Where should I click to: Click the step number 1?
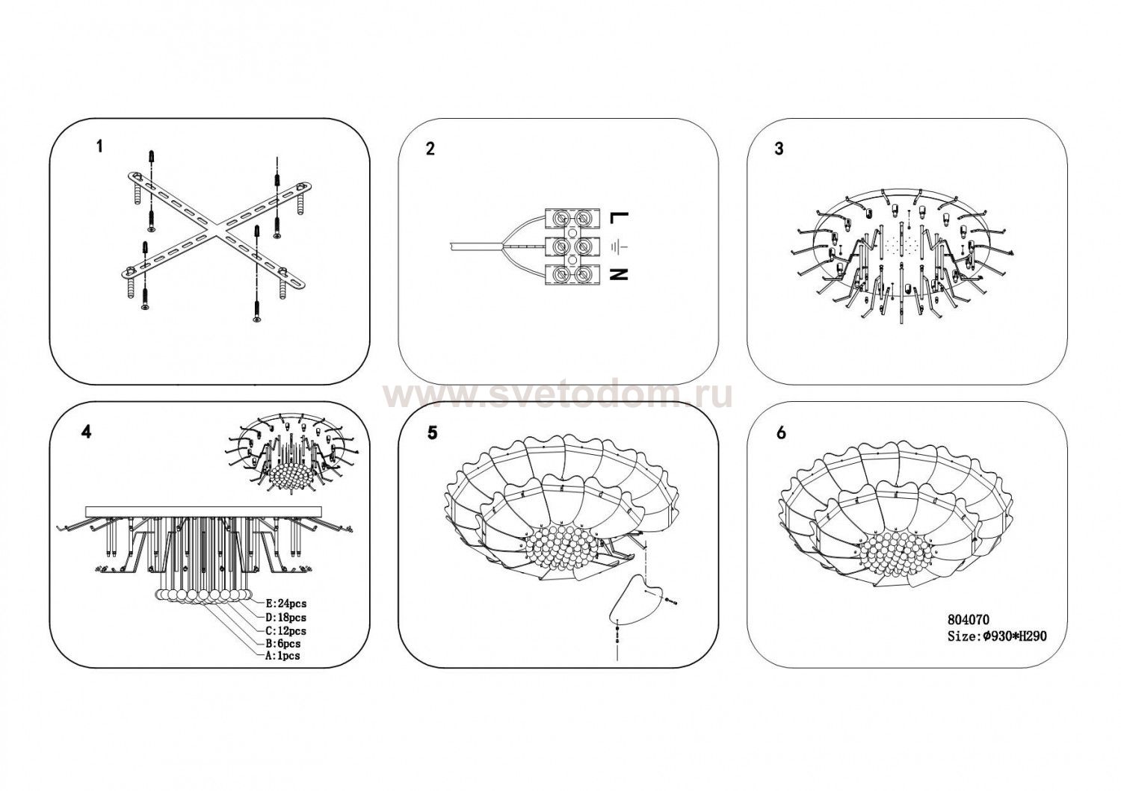click(x=99, y=146)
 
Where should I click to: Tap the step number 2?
click(x=430, y=149)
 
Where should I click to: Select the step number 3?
click(x=779, y=149)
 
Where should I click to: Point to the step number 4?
click(x=87, y=432)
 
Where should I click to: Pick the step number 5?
click(x=432, y=432)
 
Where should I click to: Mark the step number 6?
click(x=781, y=432)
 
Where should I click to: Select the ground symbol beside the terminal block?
click(x=617, y=246)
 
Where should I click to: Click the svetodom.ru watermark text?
click(x=557, y=396)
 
